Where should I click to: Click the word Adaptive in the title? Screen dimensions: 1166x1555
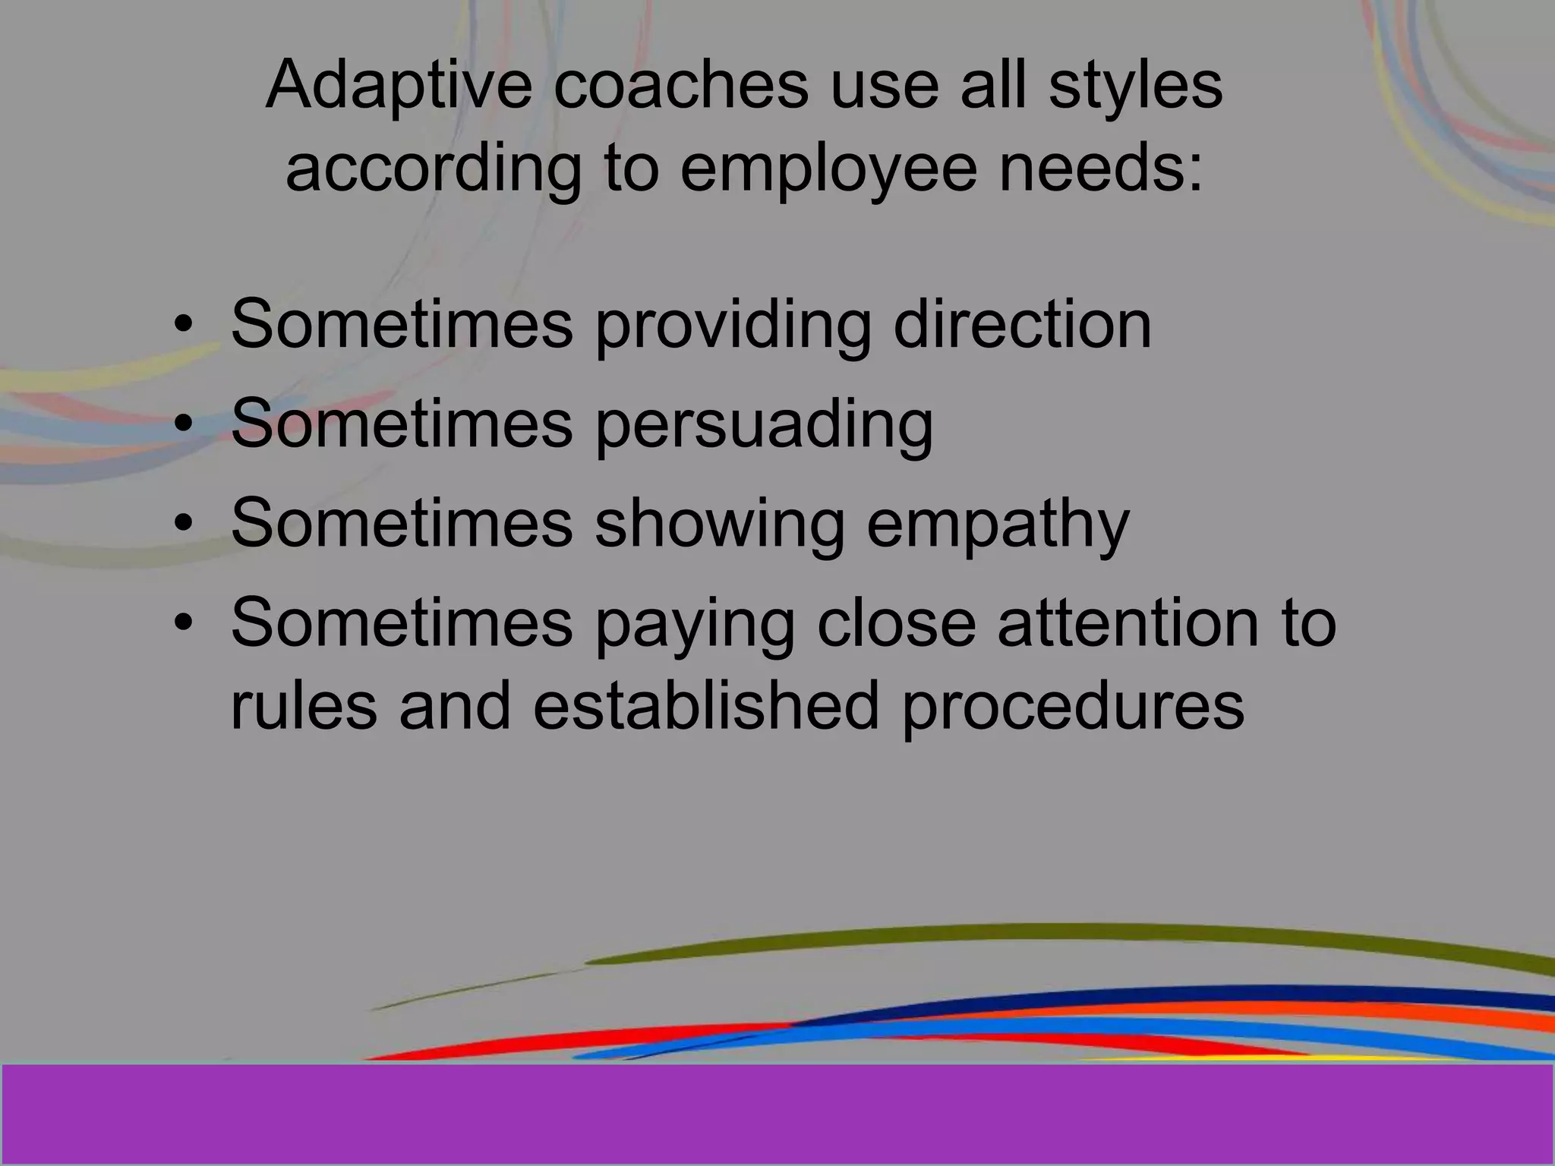point(399,85)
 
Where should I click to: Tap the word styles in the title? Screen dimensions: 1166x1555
point(1136,85)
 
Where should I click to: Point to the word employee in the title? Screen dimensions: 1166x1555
point(828,169)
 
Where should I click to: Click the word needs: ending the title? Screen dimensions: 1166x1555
point(1101,169)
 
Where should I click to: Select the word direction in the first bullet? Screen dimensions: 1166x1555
point(1022,325)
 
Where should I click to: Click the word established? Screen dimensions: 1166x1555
point(706,706)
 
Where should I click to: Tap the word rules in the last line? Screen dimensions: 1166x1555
point(304,706)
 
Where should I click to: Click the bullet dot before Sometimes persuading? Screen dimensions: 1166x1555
point(183,425)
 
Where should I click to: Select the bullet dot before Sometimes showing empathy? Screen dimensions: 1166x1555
point(183,524)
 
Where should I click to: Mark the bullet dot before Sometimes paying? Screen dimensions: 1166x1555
point(183,622)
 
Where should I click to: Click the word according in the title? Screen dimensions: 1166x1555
point(434,169)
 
